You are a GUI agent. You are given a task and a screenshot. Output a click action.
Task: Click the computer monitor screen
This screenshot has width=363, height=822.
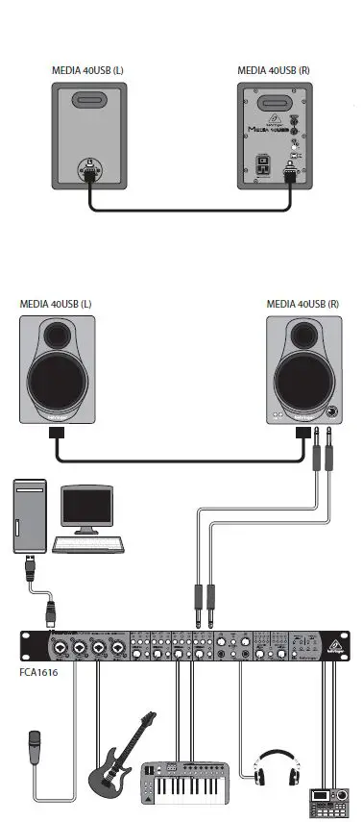85,507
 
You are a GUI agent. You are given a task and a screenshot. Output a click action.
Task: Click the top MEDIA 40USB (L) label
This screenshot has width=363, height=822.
86,70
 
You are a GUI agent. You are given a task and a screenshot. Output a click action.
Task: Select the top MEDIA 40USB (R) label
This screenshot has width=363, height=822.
273,70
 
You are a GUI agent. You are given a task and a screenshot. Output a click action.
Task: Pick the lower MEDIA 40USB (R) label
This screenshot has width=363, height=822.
302,304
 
